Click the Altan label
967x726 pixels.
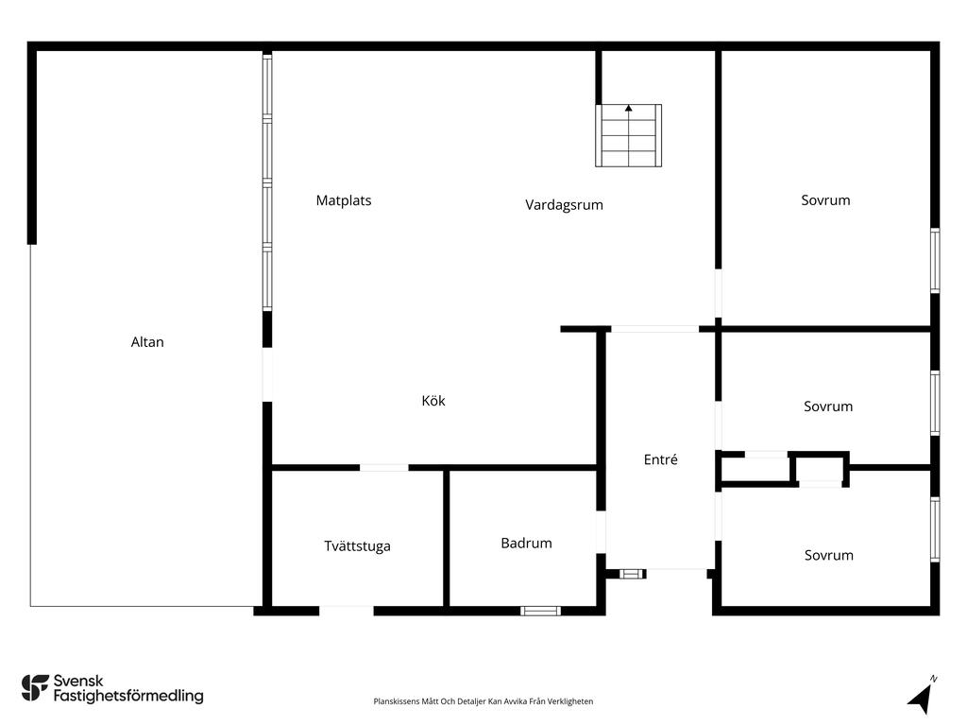[x=147, y=342]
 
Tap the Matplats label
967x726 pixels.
[x=344, y=200]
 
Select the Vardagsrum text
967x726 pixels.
[x=565, y=205]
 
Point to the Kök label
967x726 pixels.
[x=433, y=401]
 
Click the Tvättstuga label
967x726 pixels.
[x=357, y=546]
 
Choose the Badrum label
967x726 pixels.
[x=526, y=544]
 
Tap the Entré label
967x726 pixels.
[x=660, y=459]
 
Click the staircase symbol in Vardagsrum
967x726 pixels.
[x=628, y=135]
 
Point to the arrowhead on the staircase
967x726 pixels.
[x=628, y=108]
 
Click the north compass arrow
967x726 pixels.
[x=921, y=698]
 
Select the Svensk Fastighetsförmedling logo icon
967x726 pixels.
[x=35, y=688]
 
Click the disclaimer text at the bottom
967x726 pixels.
[x=483, y=701]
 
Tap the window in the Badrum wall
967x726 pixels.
[x=540, y=612]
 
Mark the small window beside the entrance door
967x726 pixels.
[x=632, y=574]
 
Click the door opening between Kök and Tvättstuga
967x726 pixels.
[x=383, y=467]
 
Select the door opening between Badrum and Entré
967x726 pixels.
[x=602, y=532]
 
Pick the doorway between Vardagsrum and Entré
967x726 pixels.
[x=654, y=329]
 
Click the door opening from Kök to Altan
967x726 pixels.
[x=267, y=374]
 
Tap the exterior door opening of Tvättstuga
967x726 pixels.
[x=346, y=612]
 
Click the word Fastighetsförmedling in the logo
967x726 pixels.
[x=128, y=697]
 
